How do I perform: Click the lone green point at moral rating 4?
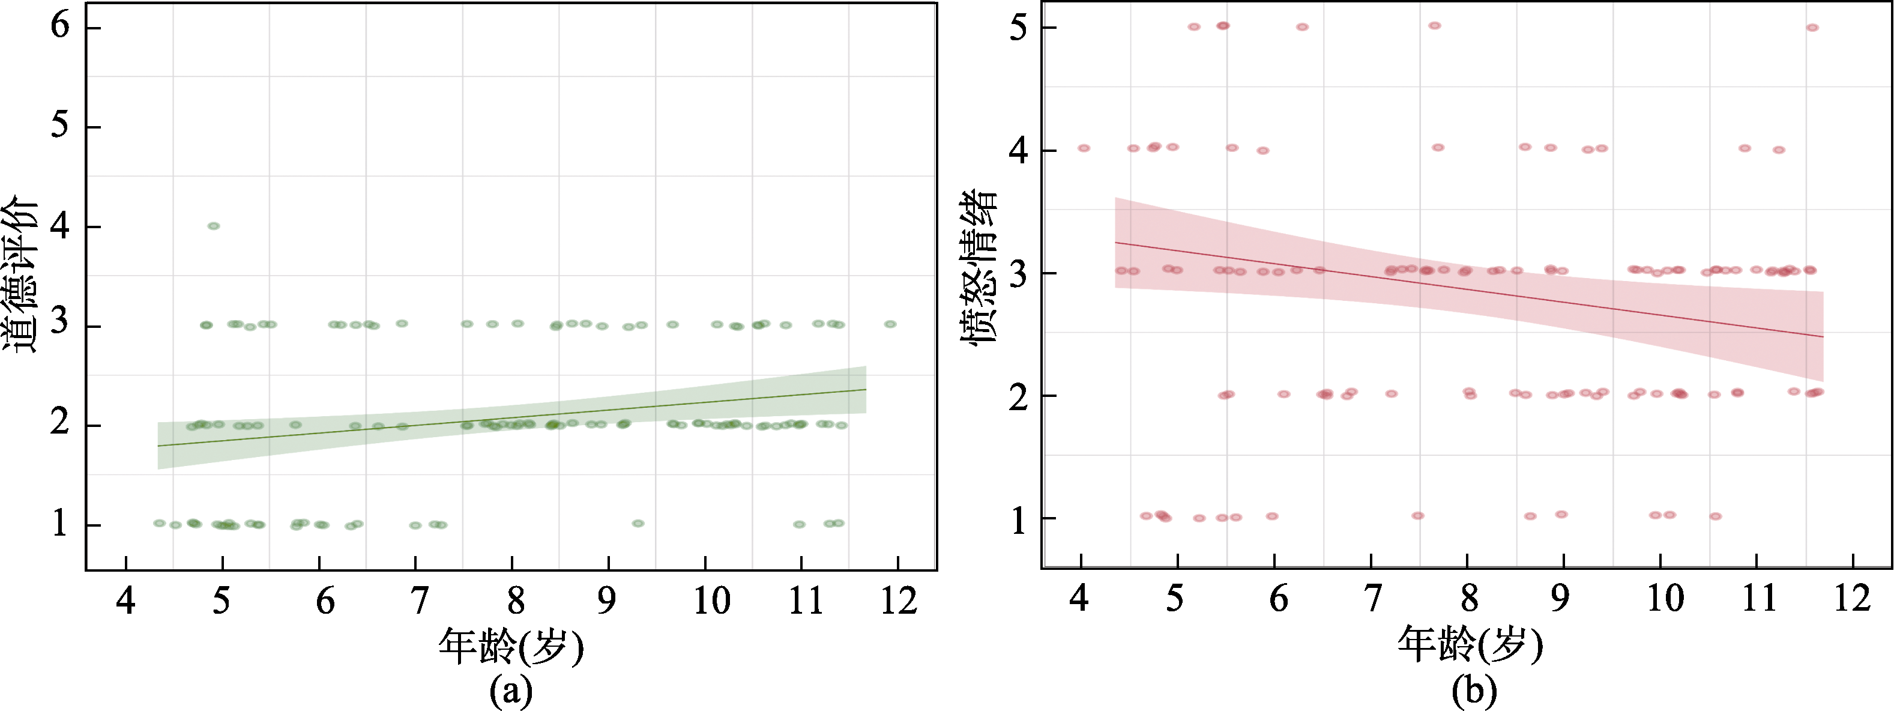pos(213,226)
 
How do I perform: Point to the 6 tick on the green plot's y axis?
pos(59,26)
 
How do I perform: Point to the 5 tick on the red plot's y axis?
pos(1018,29)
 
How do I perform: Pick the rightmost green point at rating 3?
pos(890,324)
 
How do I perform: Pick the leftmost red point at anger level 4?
pos(1084,148)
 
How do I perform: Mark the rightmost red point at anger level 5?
pos(1812,27)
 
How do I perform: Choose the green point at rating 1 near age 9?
pos(638,524)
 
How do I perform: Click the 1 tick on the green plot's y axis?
pos(59,524)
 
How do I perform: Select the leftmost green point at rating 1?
pos(159,523)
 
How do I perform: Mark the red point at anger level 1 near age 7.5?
pos(1417,515)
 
